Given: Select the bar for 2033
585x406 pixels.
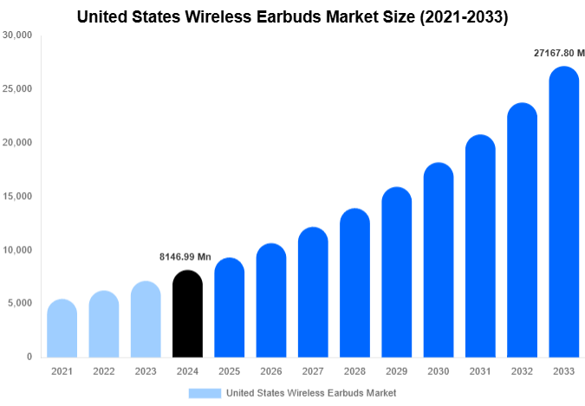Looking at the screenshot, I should pos(564,212).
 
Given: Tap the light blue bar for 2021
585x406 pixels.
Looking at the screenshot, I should pos(62,328).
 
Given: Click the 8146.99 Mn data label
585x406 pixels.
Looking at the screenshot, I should pos(185,257).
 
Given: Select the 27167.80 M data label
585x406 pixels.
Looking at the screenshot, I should pos(559,53).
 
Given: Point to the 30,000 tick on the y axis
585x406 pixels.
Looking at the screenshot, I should pos(18,35).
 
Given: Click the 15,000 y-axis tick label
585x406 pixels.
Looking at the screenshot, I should pos(18,197).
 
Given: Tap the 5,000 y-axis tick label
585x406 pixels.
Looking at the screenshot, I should pos(21,304).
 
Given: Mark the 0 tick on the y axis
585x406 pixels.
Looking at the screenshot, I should pos(29,357).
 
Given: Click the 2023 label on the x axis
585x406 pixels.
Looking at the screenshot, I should pos(146,371).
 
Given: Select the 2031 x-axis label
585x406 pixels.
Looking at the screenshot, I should pos(480,371).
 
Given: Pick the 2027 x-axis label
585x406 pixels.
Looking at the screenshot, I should pos(313,371).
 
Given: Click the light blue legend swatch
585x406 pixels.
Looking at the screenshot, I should pos(205,393).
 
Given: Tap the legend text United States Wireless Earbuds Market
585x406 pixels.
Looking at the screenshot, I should pos(311,393).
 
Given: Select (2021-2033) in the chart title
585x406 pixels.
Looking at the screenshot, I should pos(465,16).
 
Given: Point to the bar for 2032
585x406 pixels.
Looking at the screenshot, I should pos(523,230).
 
